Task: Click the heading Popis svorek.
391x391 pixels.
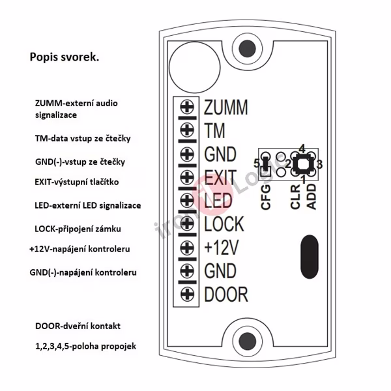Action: pyautogui.click(x=65, y=57)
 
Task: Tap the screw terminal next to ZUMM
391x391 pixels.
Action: pyautogui.click(x=188, y=107)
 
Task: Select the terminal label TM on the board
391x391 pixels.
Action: pyautogui.click(x=214, y=130)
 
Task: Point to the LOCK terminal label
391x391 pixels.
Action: pyautogui.click(x=224, y=224)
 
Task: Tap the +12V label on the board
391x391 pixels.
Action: pyautogui.click(x=220, y=248)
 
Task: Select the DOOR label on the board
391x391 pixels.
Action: pyautogui.click(x=225, y=295)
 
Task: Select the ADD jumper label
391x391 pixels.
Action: pyautogui.click(x=311, y=196)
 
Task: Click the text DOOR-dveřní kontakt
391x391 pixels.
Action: pyautogui.click(x=78, y=325)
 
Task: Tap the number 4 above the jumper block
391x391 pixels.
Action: pyautogui.click(x=302, y=147)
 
